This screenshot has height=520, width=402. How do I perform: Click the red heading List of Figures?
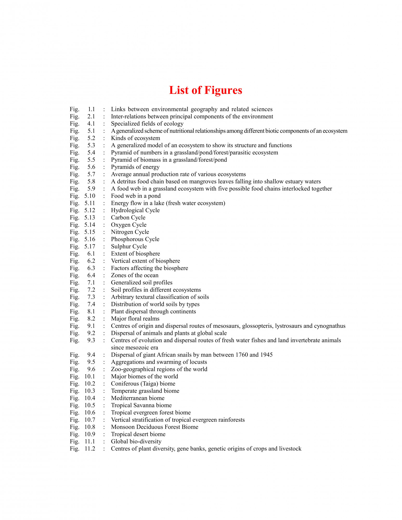(205, 90)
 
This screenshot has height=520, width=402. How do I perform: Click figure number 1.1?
(91, 109)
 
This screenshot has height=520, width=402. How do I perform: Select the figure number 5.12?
(90, 210)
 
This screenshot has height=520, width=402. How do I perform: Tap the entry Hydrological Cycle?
(135, 210)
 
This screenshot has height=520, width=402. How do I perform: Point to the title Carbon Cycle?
(128, 218)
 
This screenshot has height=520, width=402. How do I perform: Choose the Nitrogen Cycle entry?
(130, 232)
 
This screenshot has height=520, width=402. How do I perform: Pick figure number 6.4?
(91, 275)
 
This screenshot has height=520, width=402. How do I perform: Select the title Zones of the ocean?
(135, 275)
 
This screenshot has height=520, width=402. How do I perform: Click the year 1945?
(266, 355)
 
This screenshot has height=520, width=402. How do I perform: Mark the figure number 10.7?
(90, 420)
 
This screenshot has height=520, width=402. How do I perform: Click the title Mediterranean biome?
(138, 398)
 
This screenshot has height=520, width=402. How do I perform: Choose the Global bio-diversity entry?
(136, 441)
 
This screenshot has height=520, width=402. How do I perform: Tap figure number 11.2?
(90, 449)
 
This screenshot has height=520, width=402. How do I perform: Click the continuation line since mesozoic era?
(134, 348)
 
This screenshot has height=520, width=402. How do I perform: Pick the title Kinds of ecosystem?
(135, 138)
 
